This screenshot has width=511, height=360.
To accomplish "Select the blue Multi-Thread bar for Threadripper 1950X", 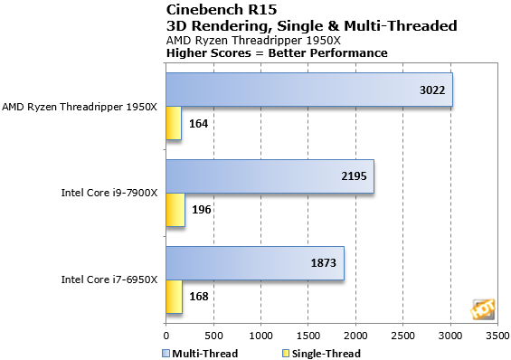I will [x=308, y=90].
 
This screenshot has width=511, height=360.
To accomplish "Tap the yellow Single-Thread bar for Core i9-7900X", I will [x=175, y=210].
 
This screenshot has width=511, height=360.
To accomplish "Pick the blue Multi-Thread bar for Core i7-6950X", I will [x=253, y=262].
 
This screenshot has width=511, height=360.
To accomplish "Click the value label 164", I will [x=200, y=124].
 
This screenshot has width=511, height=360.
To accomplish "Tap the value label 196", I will [x=203, y=210].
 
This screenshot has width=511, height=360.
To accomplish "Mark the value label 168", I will [x=200, y=296].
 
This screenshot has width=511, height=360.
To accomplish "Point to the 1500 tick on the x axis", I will [x=308, y=334].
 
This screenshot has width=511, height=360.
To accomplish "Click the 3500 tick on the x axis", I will [x=497, y=334].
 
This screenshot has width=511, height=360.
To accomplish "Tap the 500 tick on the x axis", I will [x=213, y=334].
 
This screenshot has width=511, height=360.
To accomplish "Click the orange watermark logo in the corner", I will [x=480, y=309].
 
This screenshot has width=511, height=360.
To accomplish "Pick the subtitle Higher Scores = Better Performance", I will [x=277, y=52].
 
